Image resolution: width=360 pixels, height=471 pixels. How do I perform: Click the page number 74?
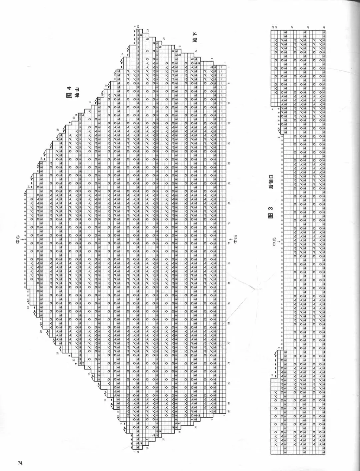(x=20, y=463)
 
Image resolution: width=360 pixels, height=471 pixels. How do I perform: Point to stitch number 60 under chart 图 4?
(x=229, y=303)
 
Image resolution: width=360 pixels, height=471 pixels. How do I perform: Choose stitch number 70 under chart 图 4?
(x=229, y=343)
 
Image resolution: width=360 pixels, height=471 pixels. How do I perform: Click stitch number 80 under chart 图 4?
(x=229, y=383)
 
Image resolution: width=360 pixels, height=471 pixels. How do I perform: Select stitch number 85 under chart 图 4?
(x=229, y=403)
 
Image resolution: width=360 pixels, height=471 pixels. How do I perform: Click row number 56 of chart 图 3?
(x=272, y=27)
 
